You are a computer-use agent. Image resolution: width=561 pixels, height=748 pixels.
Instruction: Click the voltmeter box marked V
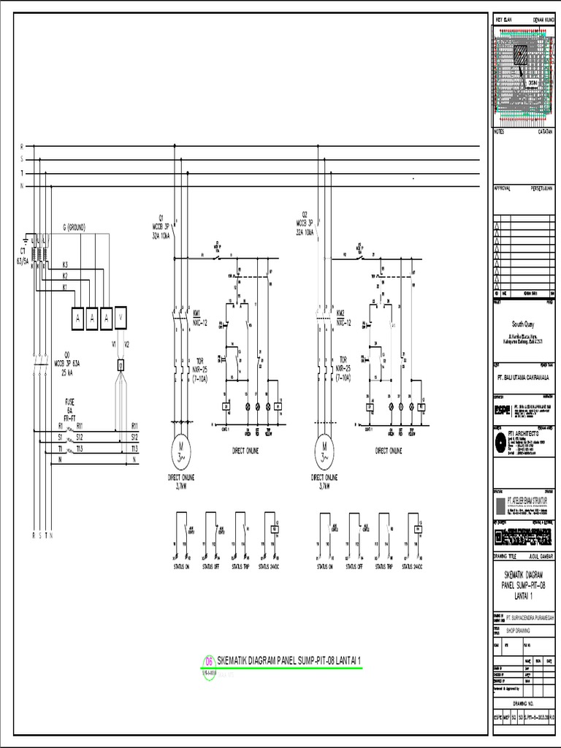pyautogui.click(x=121, y=318)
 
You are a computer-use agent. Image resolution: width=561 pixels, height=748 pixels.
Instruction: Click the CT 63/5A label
pyautogui.click(x=24, y=259)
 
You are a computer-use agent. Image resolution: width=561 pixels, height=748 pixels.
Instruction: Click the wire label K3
pyautogui.click(x=65, y=264)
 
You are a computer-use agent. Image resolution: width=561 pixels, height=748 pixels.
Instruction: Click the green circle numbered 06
pyautogui.click(x=209, y=661)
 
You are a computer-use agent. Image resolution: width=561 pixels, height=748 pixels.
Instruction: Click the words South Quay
pyautogui.click(x=523, y=321)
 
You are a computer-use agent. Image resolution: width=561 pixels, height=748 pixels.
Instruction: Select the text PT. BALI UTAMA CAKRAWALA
pyautogui.click(x=523, y=378)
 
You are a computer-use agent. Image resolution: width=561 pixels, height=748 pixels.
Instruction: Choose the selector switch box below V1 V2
pyautogui.click(x=121, y=365)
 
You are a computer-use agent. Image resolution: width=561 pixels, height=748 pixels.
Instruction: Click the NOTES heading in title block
pyautogui.click(x=500, y=131)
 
